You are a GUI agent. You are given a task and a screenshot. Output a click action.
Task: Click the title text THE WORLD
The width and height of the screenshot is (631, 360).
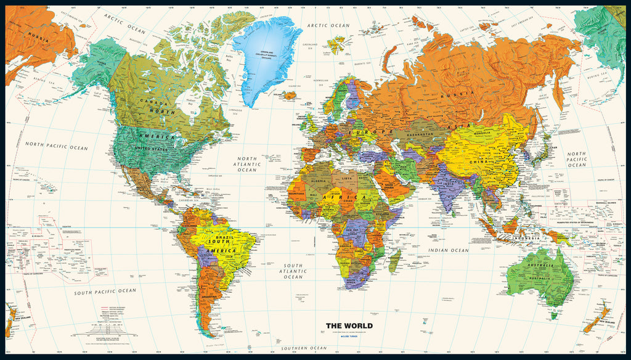coord(349,325)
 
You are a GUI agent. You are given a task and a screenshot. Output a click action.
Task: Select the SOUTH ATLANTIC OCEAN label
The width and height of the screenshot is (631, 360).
coord(293,271)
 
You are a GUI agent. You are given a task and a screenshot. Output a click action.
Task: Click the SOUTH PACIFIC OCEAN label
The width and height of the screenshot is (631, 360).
coord(105,291)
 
